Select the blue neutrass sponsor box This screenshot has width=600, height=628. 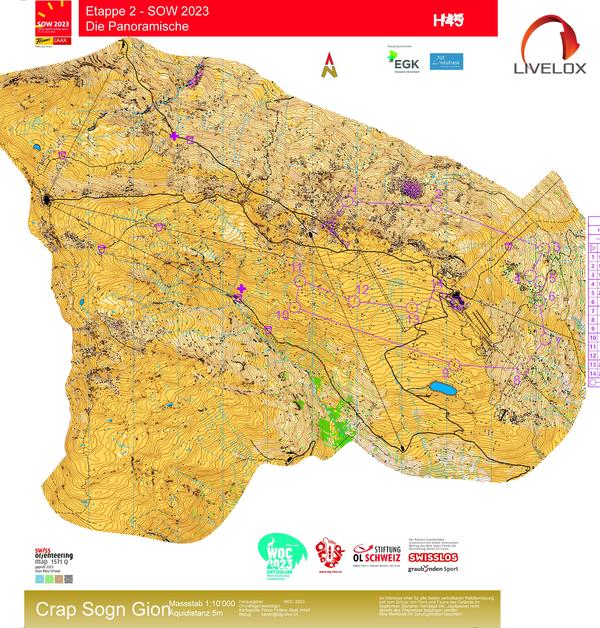coord(446,62)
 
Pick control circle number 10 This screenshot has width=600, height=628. coord(295,307)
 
